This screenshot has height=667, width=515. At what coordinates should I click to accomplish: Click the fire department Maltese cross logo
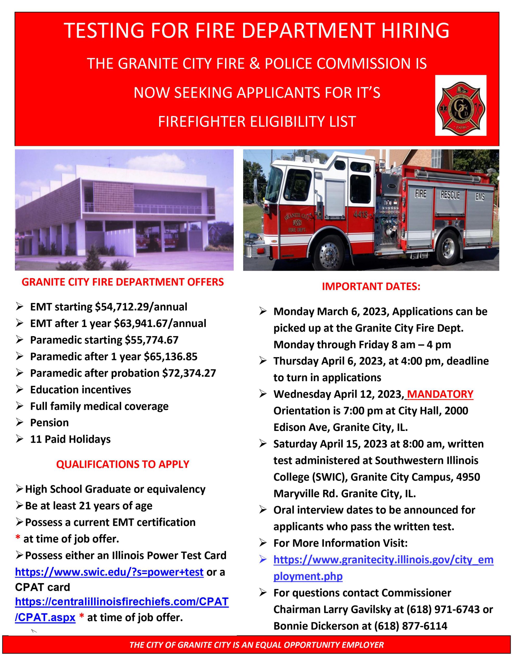point(460,105)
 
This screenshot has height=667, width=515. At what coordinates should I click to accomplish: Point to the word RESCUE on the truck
point(450,195)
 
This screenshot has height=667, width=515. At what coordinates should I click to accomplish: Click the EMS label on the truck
point(480,197)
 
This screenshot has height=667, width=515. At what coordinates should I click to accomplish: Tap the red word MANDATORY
point(440,394)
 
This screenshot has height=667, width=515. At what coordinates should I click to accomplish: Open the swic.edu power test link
point(109,572)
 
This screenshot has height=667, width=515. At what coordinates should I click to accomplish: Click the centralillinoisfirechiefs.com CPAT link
point(122,602)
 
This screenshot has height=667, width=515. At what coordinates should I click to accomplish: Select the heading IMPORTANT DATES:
point(371,286)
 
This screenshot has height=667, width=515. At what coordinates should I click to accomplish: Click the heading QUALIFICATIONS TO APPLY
point(123,464)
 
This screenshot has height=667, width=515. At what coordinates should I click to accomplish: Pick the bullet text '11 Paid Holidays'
point(70,439)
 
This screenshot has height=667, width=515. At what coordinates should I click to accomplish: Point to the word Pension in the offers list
point(49,423)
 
